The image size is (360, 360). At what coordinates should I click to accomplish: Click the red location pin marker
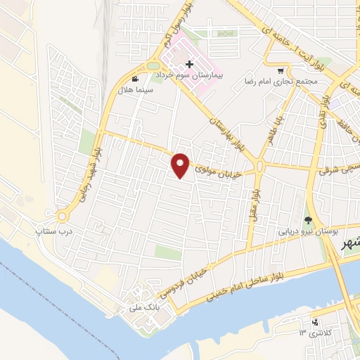[181, 165]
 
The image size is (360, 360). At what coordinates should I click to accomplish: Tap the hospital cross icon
[189, 65]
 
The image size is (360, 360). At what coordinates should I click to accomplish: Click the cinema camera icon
[135, 79]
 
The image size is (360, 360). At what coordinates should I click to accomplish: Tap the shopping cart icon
[281, 70]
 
